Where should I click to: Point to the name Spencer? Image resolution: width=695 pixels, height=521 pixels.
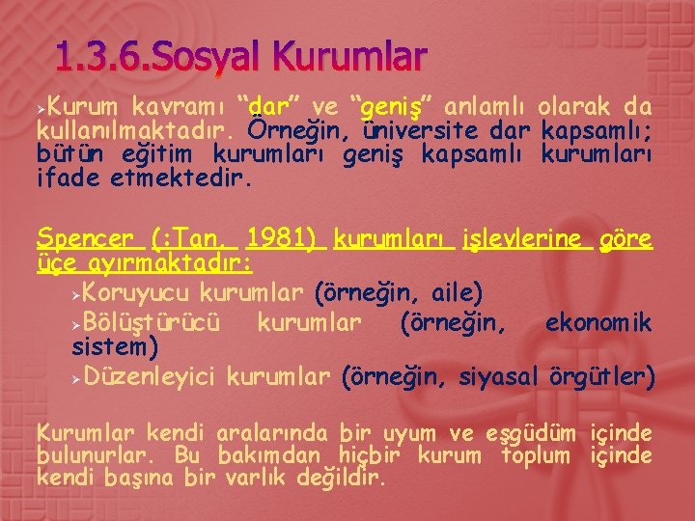84,238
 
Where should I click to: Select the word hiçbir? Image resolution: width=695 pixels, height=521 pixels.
371,455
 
